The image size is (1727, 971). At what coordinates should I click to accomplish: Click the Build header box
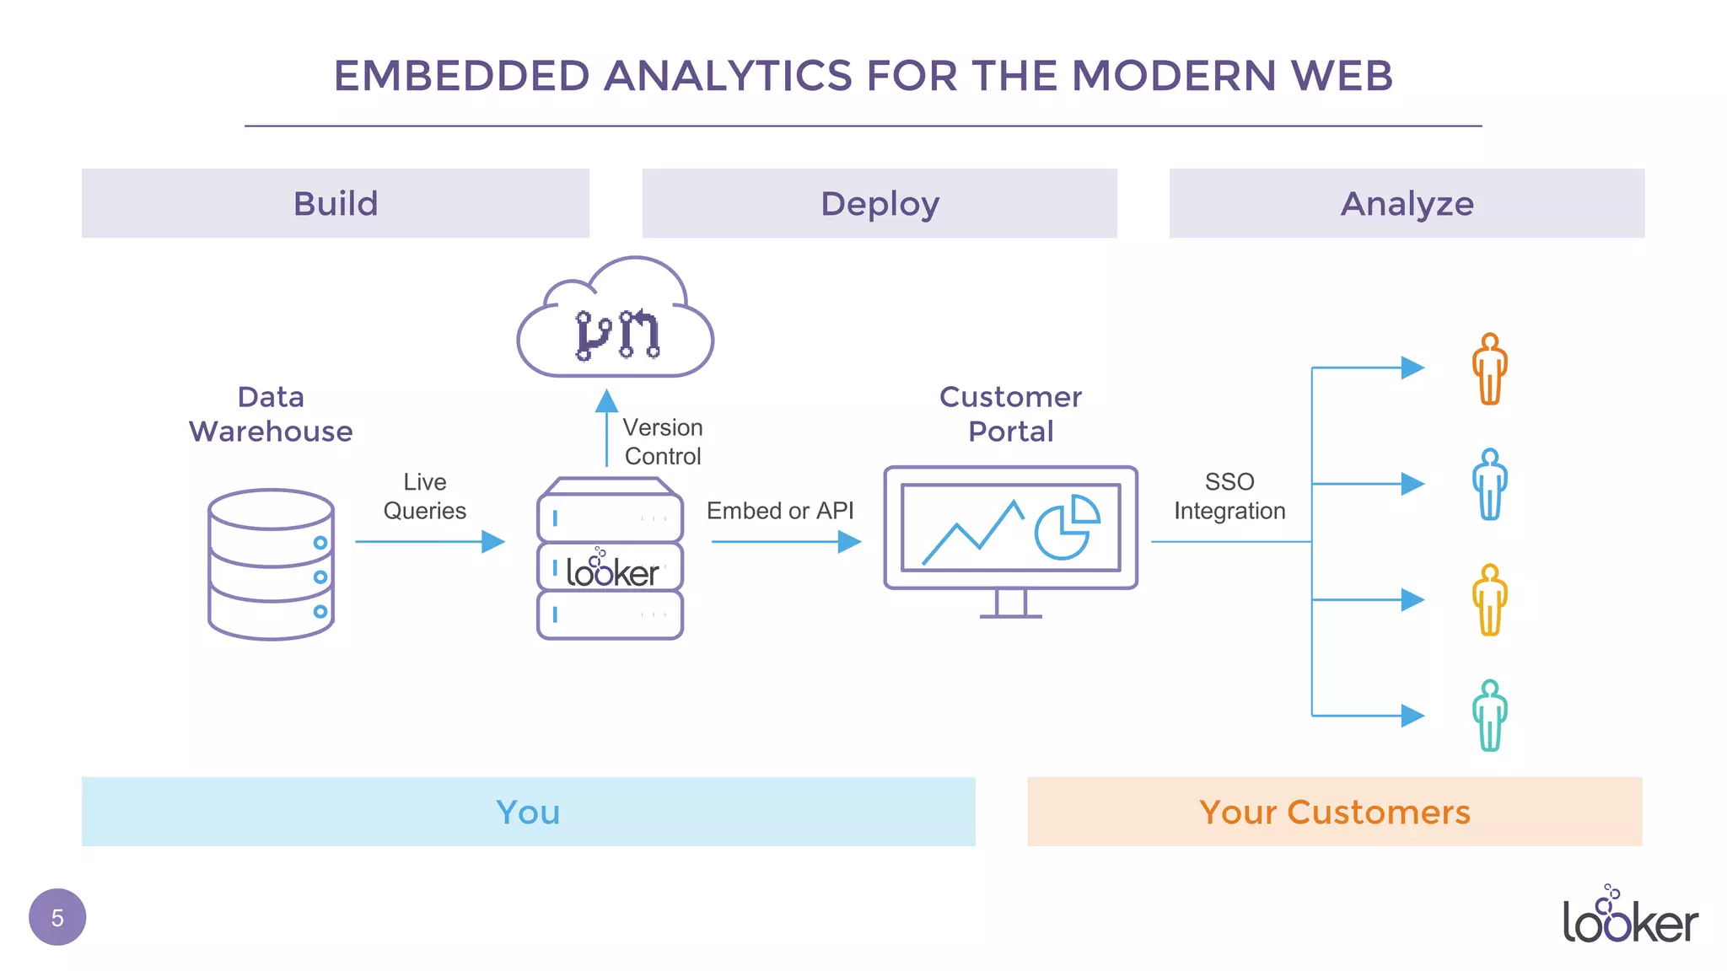coord(336,203)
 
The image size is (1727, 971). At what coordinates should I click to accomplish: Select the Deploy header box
coord(880,203)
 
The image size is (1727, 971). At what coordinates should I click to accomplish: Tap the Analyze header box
coord(1407,203)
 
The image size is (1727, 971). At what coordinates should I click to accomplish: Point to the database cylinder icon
coord(271,564)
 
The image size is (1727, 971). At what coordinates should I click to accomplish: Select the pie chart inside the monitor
coord(1066,528)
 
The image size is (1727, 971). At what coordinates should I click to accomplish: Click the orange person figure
coord(1490,369)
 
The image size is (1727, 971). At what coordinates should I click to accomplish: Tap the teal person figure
coord(1490,716)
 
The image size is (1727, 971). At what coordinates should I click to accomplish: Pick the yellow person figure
coord(1490,600)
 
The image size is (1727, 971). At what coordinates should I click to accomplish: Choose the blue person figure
coord(1490,485)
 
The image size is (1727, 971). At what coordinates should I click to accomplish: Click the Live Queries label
coord(424,496)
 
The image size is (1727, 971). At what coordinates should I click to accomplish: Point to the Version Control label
coord(663,442)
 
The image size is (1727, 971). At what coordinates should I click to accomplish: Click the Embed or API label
coord(780,511)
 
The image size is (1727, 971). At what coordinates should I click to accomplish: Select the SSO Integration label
coord(1229,496)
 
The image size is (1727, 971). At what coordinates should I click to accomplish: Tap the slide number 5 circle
coord(57,917)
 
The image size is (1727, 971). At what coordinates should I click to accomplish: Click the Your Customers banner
coord(1334,812)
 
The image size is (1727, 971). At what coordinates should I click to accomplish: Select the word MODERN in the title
coord(1175,76)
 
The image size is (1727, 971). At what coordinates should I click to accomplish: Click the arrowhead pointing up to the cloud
coord(606,401)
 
